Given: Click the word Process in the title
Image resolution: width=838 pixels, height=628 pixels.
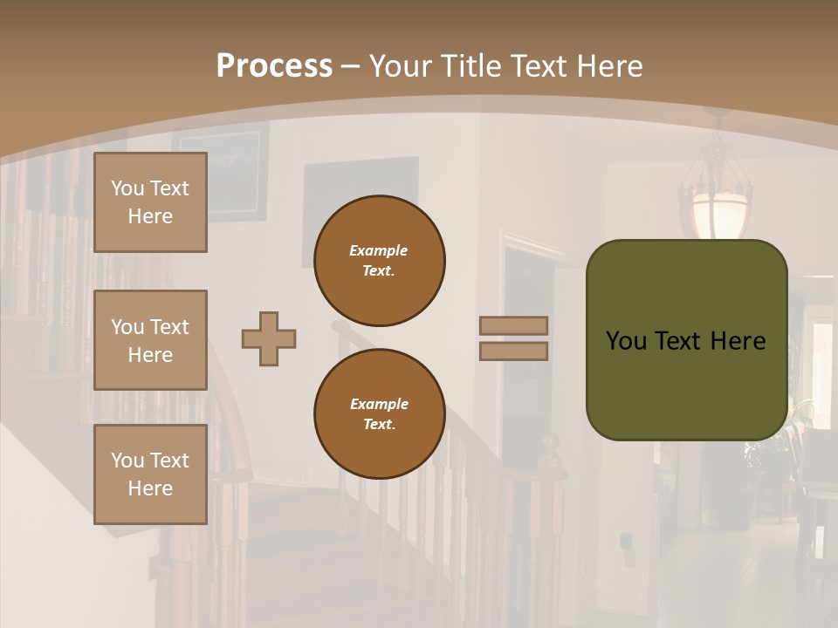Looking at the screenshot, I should pos(274,66).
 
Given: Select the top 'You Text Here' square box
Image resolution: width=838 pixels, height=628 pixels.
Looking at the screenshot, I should pos(150,202).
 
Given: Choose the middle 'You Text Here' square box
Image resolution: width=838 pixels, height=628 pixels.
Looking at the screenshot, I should pos(150,340).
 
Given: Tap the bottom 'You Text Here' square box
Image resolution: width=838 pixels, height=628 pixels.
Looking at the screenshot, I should pos(150,474).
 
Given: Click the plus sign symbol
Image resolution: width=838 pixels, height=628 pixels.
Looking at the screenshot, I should pos(269,339).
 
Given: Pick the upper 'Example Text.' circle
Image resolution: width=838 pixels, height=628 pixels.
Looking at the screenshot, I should pos(379,261).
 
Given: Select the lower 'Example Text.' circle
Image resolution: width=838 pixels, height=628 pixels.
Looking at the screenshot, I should pos(379,414).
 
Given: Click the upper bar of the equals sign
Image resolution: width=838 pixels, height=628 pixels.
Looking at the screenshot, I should pos(513,326).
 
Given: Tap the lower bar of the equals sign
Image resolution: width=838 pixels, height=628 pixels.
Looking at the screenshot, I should pos(513,352).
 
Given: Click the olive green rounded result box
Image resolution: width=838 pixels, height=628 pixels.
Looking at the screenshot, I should pos(686,340).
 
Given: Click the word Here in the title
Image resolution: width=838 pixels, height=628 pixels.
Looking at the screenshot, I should pos(610,66).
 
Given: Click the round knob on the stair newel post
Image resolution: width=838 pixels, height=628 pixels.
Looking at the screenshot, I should pos(550,441).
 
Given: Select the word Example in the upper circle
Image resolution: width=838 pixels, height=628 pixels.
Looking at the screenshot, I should pos(379,250).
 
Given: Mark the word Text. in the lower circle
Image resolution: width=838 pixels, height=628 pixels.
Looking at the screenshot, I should pos(379,425).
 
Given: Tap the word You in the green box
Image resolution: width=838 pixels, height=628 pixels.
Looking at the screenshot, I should pos(626,341).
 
